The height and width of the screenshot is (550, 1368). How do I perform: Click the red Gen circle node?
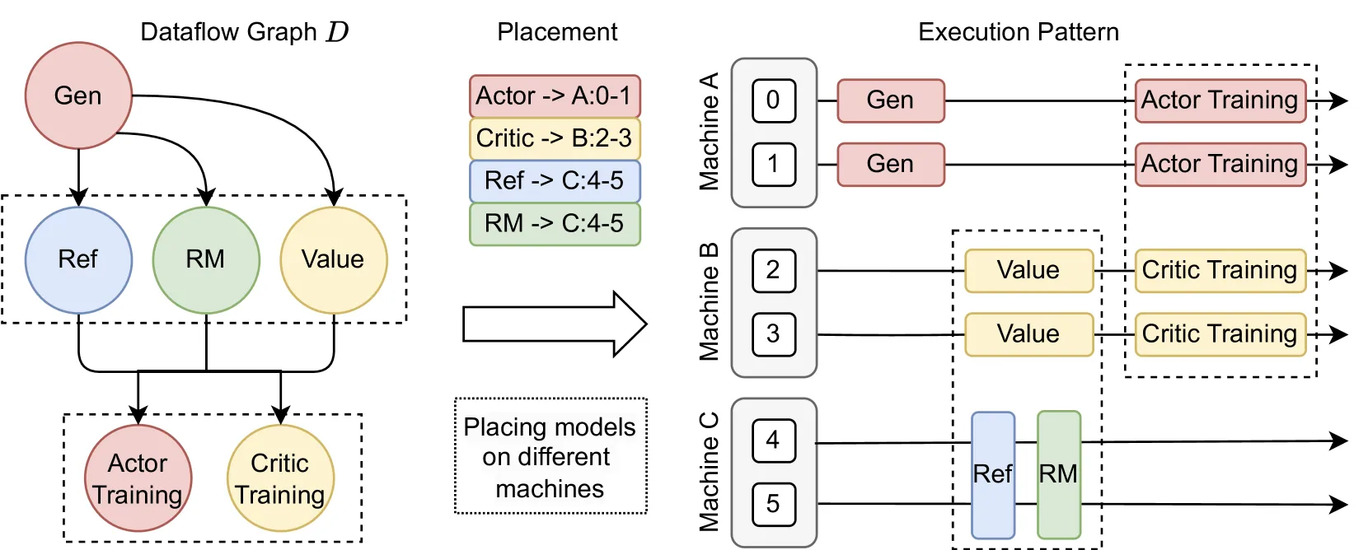(79, 96)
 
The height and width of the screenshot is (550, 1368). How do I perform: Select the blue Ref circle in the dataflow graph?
(79, 260)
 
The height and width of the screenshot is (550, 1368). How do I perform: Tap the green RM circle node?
(206, 260)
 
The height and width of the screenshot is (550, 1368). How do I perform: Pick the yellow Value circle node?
(334, 260)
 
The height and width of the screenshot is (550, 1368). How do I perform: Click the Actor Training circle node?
(138, 478)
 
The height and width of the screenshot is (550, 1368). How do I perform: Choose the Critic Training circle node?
(280, 478)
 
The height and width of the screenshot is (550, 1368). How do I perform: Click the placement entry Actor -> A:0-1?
(555, 96)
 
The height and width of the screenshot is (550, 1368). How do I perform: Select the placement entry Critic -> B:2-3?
(555, 138)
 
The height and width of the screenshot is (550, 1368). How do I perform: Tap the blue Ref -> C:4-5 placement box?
(555, 181)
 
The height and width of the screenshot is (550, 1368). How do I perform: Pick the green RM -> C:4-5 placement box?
(555, 224)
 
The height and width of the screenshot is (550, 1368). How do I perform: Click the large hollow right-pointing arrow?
(555, 324)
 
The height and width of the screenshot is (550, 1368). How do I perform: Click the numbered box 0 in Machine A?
(774, 100)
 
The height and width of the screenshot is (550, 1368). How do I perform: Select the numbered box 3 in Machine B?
(774, 334)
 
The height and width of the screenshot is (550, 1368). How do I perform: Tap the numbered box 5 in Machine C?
(774, 504)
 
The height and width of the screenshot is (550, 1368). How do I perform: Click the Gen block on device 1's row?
(890, 164)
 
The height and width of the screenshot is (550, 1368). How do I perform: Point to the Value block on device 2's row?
(1029, 270)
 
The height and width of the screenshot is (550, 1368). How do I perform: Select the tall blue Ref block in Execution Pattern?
(993, 475)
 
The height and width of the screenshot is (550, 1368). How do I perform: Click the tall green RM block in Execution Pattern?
(1059, 475)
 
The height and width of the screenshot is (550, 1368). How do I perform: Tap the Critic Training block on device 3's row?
(1220, 334)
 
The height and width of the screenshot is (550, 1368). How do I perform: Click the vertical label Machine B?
(710, 302)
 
